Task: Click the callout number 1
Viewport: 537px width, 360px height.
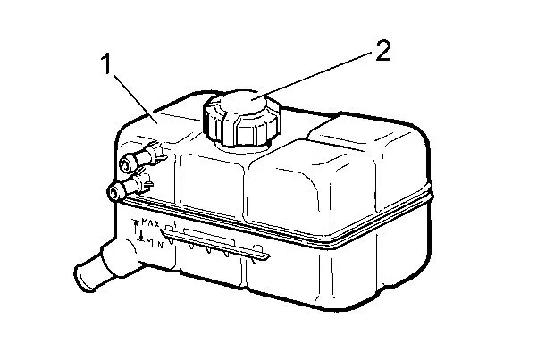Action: click(x=107, y=64)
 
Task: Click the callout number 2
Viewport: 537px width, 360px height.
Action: click(x=383, y=51)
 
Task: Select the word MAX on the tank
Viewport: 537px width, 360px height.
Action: click(x=150, y=223)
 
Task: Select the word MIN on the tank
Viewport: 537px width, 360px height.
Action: click(x=155, y=242)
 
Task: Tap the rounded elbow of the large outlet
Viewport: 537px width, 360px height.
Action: click(x=119, y=256)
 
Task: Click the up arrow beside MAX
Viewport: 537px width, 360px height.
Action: click(x=136, y=226)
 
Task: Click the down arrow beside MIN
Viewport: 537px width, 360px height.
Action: click(x=141, y=235)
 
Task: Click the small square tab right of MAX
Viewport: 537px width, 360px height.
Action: click(x=169, y=228)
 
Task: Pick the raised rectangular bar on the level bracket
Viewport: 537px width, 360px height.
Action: click(x=209, y=237)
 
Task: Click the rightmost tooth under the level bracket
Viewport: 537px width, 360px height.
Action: click(x=254, y=261)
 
